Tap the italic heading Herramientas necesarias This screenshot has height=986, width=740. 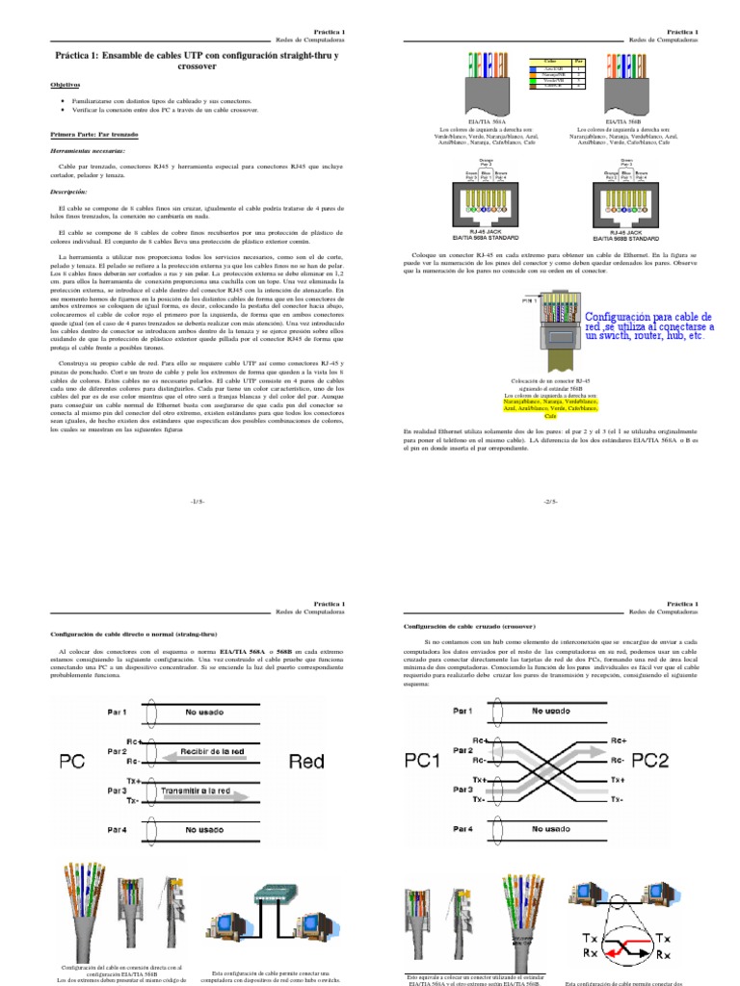coord(88,150)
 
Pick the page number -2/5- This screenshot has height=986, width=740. coord(551,502)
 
